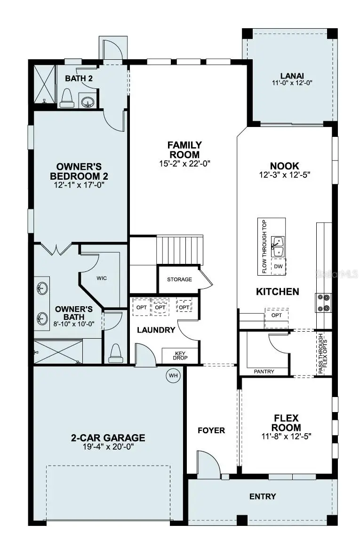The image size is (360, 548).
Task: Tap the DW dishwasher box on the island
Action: point(278,266)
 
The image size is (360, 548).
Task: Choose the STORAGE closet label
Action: point(179,279)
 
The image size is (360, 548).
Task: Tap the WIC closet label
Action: point(102,278)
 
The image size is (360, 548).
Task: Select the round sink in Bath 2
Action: point(86,101)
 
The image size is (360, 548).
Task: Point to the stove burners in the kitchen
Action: point(324,302)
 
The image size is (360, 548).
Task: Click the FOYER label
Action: point(211,430)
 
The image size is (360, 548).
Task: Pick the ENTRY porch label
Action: point(263,496)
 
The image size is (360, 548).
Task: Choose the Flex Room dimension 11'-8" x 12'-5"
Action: point(287,436)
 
